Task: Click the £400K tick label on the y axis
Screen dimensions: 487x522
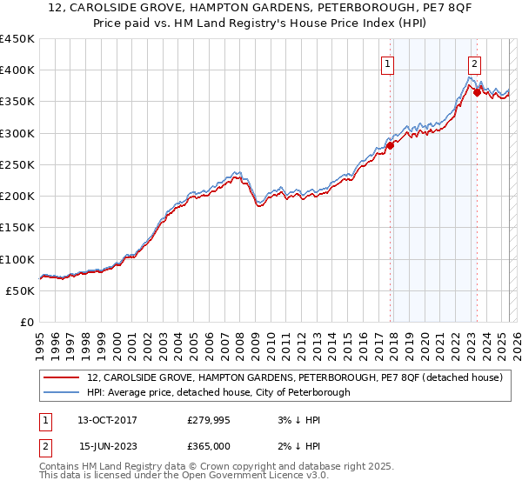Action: (17, 70)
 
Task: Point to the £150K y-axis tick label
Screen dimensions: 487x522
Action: (17, 228)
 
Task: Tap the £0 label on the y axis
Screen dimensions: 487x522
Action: (27, 323)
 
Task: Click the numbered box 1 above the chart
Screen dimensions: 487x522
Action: (386, 63)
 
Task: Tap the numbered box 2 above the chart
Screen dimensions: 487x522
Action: (474, 63)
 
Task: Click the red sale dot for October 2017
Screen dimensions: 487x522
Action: (390, 145)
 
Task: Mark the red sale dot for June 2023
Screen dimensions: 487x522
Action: (477, 92)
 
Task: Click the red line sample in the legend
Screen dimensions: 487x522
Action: (61, 378)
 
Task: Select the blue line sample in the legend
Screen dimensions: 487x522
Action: (61, 393)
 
